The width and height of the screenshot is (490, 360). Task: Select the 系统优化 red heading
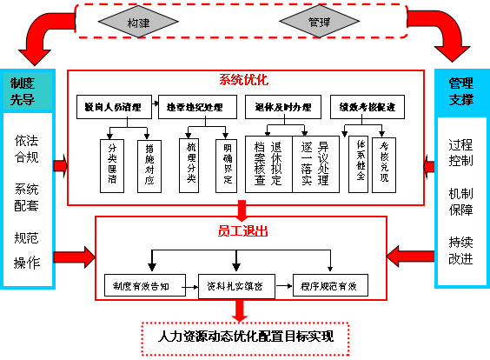(244, 80)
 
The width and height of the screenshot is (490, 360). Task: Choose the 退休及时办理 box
(282, 108)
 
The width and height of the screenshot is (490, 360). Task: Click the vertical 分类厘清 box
(111, 160)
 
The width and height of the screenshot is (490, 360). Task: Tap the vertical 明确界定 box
(223, 160)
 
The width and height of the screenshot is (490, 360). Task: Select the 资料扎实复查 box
(235, 285)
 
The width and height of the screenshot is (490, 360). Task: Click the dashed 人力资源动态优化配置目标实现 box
(244, 336)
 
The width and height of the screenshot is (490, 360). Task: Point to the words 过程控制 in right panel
(461, 153)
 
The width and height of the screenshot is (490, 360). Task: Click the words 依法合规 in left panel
(27, 149)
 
